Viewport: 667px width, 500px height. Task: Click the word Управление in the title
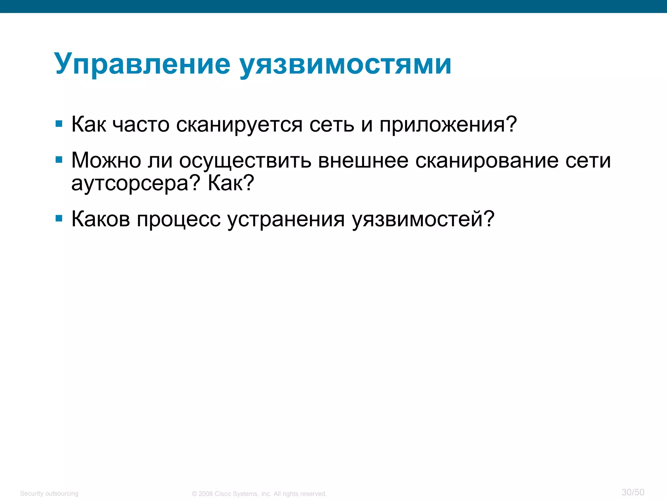(142, 64)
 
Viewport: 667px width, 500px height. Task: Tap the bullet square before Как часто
(59, 124)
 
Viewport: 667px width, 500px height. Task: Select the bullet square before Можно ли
(59, 160)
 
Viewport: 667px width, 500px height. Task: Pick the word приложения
(448, 125)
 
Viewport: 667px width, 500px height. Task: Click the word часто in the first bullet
(141, 125)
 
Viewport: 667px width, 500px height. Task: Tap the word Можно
(106, 160)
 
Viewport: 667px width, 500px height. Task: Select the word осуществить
(245, 161)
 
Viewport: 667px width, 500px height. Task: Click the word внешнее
(363, 160)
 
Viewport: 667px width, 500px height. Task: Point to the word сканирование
(487, 161)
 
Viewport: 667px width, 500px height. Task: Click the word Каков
(101, 219)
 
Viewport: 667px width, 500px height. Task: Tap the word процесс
(178, 220)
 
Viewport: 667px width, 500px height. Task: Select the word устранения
(286, 220)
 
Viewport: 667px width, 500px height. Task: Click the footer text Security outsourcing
(49, 493)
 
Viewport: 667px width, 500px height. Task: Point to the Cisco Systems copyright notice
(259, 494)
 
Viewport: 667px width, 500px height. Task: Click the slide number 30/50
(632, 492)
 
